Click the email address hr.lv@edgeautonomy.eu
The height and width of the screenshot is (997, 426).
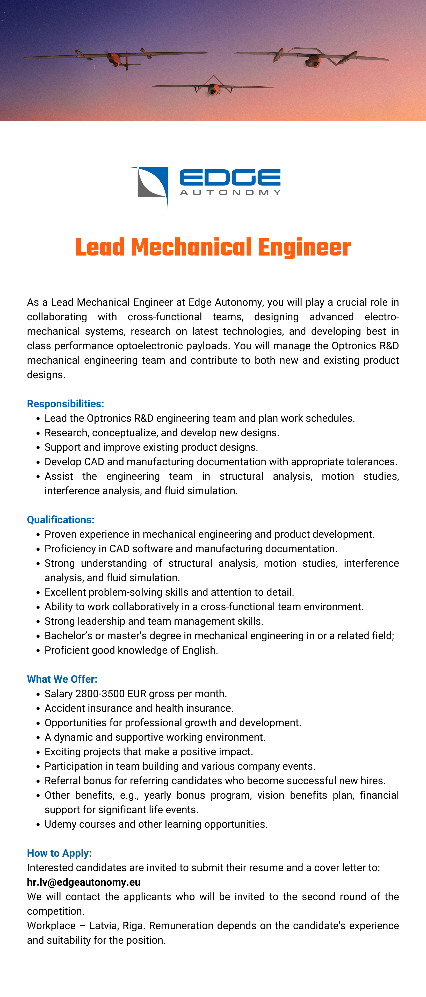(84, 882)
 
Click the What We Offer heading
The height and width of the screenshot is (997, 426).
(62, 679)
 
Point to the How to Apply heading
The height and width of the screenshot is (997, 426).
(59, 853)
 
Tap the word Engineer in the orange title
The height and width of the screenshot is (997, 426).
(304, 248)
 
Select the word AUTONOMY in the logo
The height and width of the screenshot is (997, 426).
(230, 192)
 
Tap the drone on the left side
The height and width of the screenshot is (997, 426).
(115, 58)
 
